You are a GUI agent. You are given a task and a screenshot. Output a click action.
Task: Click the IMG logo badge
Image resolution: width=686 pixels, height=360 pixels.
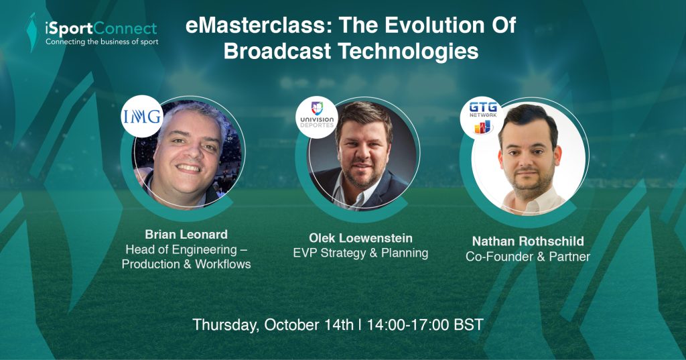[142, 117]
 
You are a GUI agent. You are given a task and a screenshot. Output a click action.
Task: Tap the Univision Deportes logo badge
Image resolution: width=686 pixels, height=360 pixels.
[317, 117]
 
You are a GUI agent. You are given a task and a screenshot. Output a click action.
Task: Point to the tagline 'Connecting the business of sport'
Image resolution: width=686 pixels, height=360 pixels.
[102, 42]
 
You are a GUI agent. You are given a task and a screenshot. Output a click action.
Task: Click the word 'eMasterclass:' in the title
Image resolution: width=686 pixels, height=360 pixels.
[260, 25]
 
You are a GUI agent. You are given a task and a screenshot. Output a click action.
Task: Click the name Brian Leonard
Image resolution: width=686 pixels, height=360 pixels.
[186, 235]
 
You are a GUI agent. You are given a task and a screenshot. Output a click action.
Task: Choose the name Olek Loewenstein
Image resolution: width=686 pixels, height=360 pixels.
[360, 238]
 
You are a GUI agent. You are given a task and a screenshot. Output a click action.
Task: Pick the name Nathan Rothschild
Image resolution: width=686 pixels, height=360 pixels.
[528, 241]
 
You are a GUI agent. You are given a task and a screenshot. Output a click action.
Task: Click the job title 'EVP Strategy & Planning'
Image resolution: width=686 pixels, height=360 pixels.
[360, 253]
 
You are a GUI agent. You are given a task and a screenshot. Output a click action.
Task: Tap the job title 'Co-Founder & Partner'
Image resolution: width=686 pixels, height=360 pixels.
[528, 257]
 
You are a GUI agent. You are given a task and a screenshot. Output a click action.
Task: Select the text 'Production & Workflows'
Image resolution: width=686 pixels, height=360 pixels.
[186, 264]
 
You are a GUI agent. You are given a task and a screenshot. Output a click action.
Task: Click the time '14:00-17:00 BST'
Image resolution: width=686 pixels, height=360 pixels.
[425, 325]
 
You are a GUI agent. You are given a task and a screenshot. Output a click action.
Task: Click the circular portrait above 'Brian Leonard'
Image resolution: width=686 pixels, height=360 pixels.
[188, 154]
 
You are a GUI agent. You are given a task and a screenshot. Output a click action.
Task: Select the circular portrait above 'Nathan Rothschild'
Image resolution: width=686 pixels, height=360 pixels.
[529, 158]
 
